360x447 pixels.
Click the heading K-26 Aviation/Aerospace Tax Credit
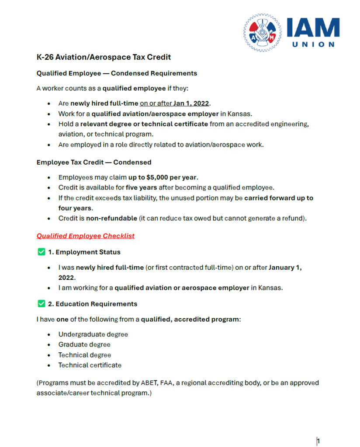104,57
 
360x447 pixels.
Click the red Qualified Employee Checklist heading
85,236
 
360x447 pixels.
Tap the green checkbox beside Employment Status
42,252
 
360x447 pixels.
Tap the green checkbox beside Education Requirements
42,304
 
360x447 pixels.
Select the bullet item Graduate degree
84,344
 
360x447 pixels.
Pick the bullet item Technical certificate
90,365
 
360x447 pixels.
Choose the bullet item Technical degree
85,355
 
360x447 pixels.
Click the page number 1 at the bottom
319,441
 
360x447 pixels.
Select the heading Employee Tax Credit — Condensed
94,162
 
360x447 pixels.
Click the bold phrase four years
75,208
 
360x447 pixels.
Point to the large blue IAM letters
312,28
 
